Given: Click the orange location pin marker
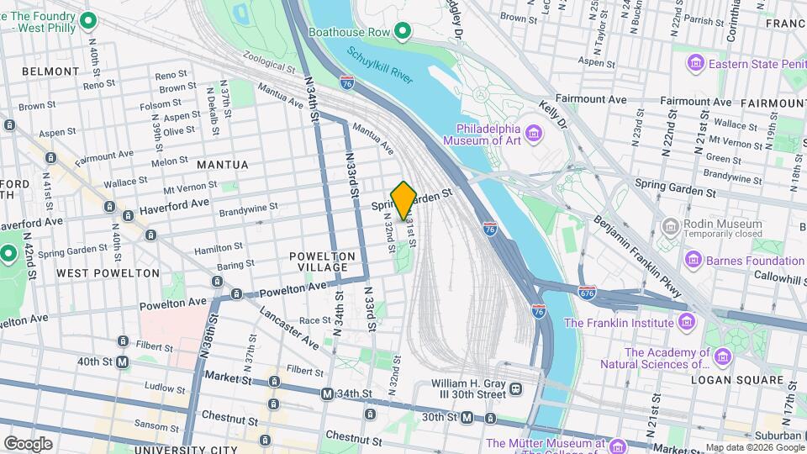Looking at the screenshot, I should click(403, 200).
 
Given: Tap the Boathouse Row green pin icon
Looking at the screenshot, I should click(403, 33).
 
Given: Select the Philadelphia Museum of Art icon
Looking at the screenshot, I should click(535, 133).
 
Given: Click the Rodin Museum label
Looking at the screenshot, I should click(712, 224).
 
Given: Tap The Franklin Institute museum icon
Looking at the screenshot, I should click(686, 322).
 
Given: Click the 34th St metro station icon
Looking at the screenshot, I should click(327, 393).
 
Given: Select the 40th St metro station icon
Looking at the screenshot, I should click(123, 362).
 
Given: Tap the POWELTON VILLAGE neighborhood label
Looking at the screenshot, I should click(318, 261).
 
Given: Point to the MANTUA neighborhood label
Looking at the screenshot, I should click(222, 165).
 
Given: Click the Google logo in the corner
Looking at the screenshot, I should click(27, 443).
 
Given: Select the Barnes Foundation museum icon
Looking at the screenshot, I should click(694, 261).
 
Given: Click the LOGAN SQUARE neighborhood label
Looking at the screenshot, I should click(749, 381).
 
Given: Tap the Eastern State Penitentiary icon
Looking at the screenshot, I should click(694, 64).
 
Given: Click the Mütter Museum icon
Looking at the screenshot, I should click(618, 444).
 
